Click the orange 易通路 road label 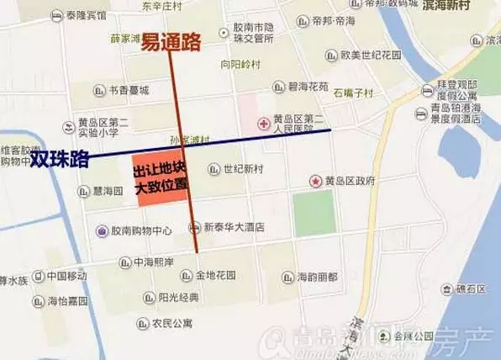pyautogui.click(x=176, y=41)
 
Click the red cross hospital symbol pyautogui.click(x=264, y=124)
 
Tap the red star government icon pyautogui.click(x=316, y=181)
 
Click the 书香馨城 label pyautogui.click(x=129, y=90)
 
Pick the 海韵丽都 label pyautogui.click(x=318, y=276)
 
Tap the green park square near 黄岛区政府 pyautogui.click(x=314, y=212)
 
